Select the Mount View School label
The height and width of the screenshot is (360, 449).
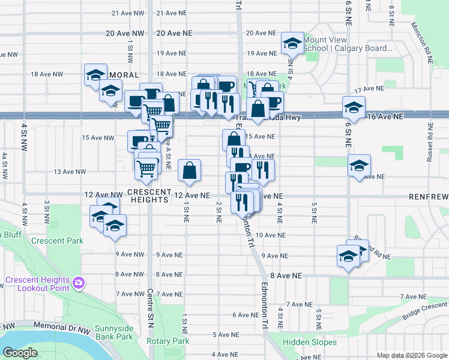(348, 44)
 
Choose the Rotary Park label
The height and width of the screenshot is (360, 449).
(167, 341)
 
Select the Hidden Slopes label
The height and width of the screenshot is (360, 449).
(310, 342)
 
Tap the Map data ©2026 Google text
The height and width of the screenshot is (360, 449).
(412, 355)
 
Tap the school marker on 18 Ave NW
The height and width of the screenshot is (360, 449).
(95, 75)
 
